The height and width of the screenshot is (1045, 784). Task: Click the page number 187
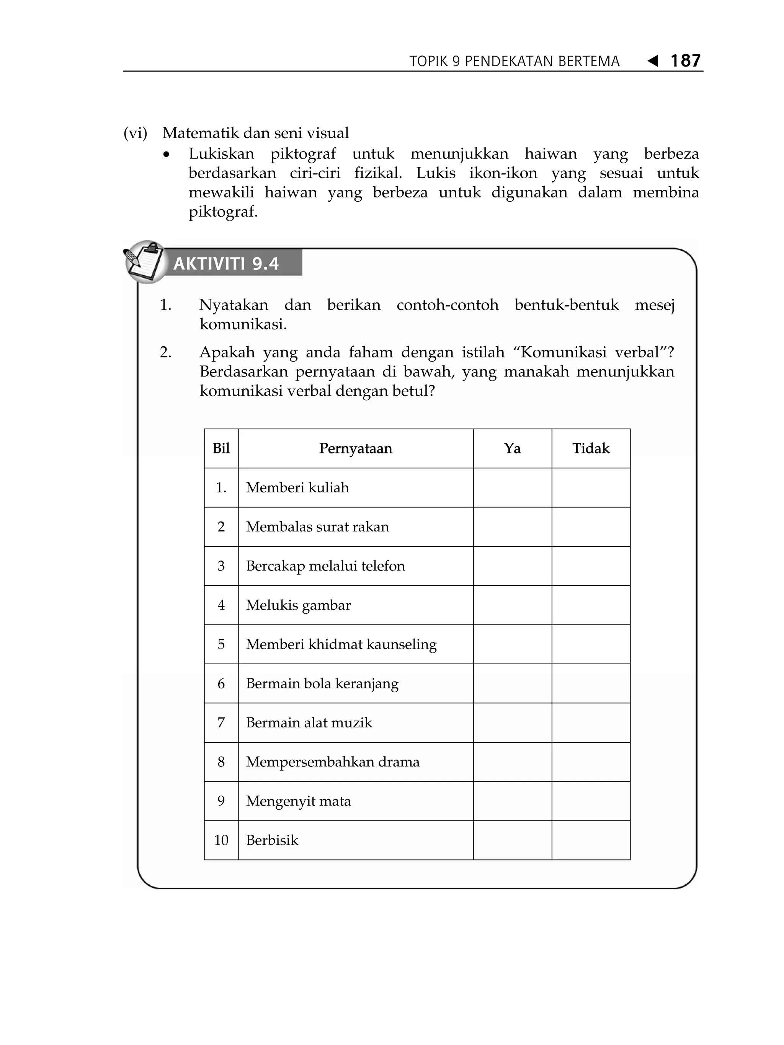[x=685, y=60]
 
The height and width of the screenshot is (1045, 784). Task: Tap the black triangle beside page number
[x=653, y=61]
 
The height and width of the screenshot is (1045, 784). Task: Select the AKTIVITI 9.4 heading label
[x=226, y=264]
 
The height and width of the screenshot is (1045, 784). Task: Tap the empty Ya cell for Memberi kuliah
[x=512, y=487]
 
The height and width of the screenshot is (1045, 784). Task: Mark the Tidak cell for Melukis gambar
[x=591, y=605]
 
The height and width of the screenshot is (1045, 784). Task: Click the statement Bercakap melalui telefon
[x=325, y=566]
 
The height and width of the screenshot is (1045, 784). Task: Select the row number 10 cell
[x=221, y=840]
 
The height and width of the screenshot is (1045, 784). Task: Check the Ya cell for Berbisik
[x=512, y=840]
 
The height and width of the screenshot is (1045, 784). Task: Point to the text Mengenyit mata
[x=298, y=801]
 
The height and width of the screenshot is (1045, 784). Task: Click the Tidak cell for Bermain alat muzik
[x=591, y=723]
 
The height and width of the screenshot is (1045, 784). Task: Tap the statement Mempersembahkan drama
[x=333, y=762]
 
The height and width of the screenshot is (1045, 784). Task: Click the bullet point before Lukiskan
[x=166, y=155]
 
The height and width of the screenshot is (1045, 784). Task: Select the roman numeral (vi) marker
[x=135, y=133]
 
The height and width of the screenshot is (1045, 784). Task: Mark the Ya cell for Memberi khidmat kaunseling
[x=512, y=644]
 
